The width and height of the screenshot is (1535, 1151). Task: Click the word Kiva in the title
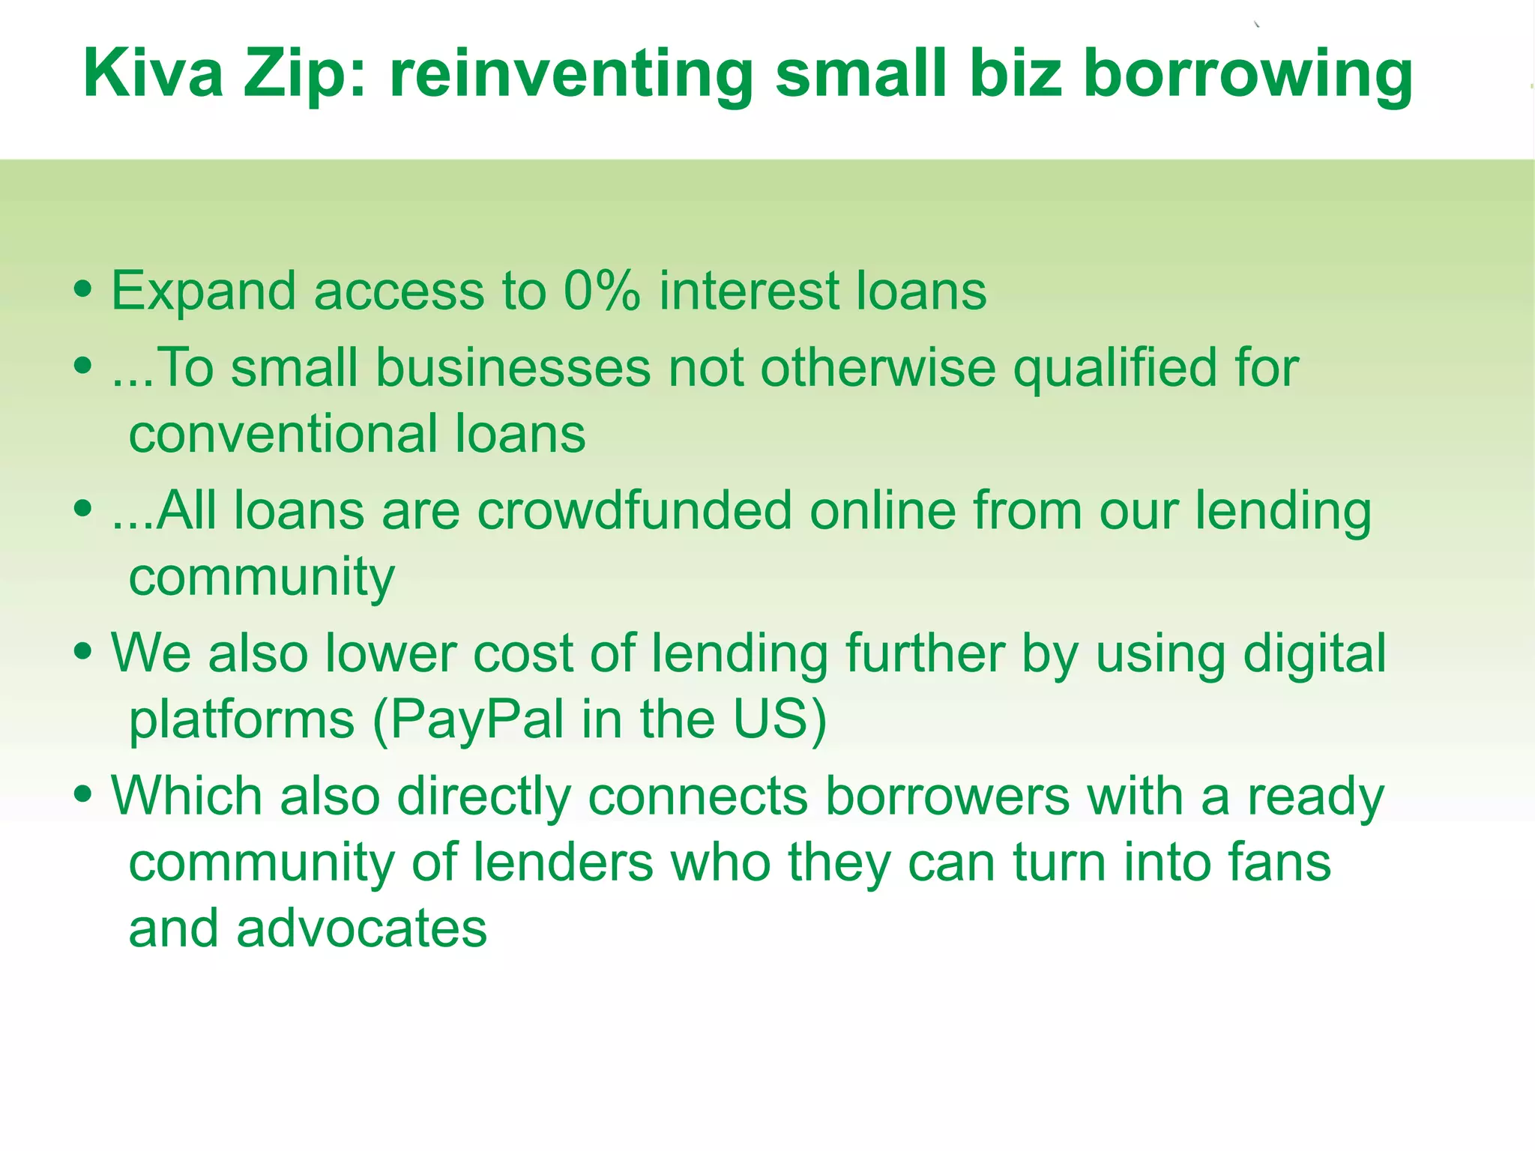click(153, 73)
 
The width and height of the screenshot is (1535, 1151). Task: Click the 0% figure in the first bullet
click(602, 291)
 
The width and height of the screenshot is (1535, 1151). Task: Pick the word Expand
click(204, 292)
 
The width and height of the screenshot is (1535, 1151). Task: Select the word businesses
click(513, 368)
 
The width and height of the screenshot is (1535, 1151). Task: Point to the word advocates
click(362, 928)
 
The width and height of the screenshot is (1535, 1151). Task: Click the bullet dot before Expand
click(83, 289)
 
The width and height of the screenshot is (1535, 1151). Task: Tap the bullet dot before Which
click(83, 794)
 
